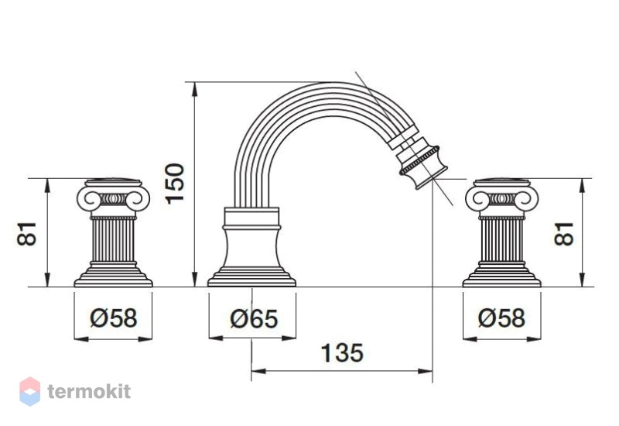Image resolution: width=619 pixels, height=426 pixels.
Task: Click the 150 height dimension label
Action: pyautogui.click(x=175, y=183)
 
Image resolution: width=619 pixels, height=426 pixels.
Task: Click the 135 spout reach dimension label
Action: pyautogui.click(x=342, y=353)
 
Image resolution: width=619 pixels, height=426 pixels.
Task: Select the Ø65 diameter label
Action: pyautogui.click(x=254, y=318)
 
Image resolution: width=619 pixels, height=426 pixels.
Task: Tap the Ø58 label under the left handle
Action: pyautogui.click(x=114, y=318)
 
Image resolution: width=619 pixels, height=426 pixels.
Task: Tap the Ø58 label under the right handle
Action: pyautogui.click(x=501, y=318)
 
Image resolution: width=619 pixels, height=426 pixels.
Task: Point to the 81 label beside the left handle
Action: pyautogui.click(x=27, y=234)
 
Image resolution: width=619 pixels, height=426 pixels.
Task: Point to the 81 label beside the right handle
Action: pyautogui.click(x=563, y=234)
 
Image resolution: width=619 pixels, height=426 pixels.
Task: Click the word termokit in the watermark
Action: pyautogui.click(x=89, y=391)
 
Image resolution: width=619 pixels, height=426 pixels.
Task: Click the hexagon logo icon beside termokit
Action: pyautogui.click(x=30, y=391)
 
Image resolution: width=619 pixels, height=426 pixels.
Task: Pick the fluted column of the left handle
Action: pyautogui.click(x=113, y=240)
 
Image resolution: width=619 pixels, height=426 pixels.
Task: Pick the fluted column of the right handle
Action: pyautogui.click(x=501, y=240)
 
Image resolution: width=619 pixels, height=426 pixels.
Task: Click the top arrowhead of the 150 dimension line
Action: pyautogui.click(x=194, y=89)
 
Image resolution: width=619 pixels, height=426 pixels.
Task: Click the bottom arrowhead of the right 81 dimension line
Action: pyautogui.click(x=582, y=280)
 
